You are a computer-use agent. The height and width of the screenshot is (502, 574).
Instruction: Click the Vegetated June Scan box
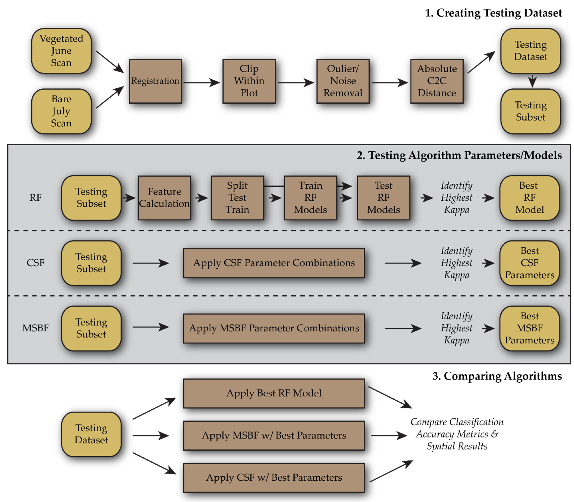61,51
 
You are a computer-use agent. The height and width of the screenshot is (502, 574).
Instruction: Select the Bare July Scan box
61,111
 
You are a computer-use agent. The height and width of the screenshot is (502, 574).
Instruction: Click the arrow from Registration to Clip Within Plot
201,83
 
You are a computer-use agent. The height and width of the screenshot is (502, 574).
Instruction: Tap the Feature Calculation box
164,198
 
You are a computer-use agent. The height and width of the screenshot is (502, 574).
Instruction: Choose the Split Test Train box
237,198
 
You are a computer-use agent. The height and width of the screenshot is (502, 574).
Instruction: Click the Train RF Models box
310,198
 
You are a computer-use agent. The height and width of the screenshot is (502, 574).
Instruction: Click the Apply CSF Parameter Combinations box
274,263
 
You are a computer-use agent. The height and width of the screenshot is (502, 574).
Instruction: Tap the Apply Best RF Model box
274,393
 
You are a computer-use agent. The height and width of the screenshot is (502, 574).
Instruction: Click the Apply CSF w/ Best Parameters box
274,478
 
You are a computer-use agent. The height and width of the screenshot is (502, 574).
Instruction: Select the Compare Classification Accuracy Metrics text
457,434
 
